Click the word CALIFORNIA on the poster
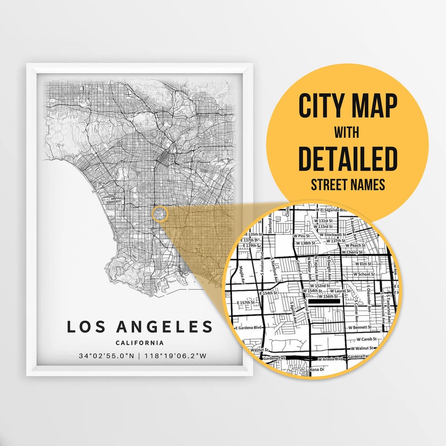[140, 343]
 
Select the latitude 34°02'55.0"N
[106, 356]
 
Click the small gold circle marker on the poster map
[159, 214]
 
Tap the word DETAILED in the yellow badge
[348, 159]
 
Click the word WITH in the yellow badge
[347, 133]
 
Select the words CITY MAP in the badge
[348, 106]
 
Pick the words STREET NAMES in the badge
[348, 185]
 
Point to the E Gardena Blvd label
[249, 327]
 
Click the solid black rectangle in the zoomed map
[325, 302]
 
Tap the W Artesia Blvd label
[330, 358]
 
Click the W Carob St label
[366, 339]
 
